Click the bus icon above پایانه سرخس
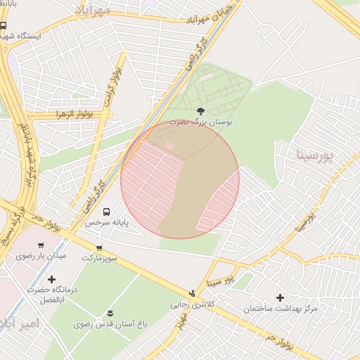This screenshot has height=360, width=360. (106, 212)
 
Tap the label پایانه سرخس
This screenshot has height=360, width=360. (108, 222)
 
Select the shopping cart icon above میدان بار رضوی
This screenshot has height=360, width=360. (41, 245)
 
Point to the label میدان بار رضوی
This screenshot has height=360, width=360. (41, 256)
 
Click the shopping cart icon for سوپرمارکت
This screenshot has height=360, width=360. (99, 248)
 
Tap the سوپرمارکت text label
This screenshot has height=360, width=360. (100, 258)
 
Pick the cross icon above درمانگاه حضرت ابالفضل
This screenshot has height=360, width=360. (51, 279)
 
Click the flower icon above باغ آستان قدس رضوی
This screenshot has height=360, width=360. (110, 313)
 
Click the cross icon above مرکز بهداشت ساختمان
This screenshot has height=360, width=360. (281, 298)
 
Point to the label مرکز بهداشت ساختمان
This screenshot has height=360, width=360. (281, 309)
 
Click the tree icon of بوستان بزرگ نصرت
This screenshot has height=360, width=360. (201, 110)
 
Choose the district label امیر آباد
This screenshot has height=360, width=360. (20, 323)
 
